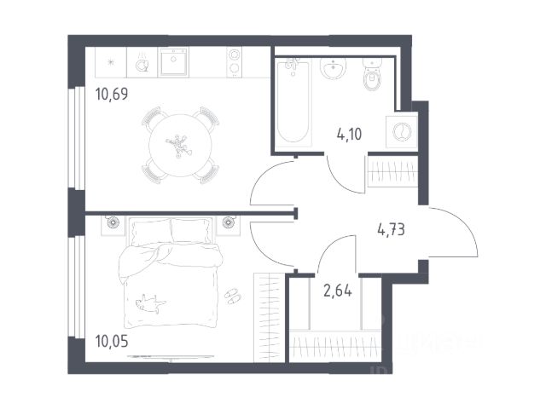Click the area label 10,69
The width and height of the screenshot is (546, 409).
(x=112, y=95)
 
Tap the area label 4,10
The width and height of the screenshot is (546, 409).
(x=349, y=134)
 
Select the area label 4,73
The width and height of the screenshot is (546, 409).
(x=391, y=230)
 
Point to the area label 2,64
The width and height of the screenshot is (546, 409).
(x=338, y=291)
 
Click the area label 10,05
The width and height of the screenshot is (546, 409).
(x=112, y=342)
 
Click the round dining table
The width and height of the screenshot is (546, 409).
(x=180, y=146)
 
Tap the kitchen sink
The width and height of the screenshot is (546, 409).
(x=173, y=62)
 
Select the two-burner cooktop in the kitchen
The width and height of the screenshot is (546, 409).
(x=234, y=61)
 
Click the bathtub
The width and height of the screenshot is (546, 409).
(x=293, y=101)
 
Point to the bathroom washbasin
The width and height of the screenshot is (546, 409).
(x=334, y=68)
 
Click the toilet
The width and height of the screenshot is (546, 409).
(x=372, y=74)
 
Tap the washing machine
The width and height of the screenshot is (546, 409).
(x=402, y=132)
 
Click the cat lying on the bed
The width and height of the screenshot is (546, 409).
(x=151, y=303)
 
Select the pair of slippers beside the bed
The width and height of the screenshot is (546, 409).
(x=232, y=296)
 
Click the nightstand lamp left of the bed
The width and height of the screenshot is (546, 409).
(x=113, y=222)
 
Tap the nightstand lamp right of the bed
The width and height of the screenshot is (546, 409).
(x=228, y=222)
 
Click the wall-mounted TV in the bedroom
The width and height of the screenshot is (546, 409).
(x=171, y=356)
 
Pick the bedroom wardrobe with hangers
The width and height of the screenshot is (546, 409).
(x=270, y=318)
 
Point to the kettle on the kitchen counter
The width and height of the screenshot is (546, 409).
(x=142, y=62)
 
